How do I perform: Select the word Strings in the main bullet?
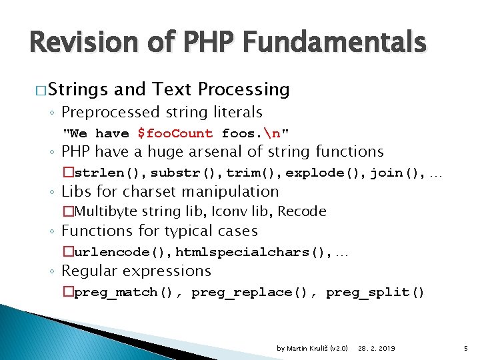coord(77,89)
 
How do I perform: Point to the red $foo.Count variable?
coord(175,133)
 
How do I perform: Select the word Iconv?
coord(233,212)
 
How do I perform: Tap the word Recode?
coord(302,212)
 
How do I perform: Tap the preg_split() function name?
coord(375,293)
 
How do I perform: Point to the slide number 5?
coord(465,348)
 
